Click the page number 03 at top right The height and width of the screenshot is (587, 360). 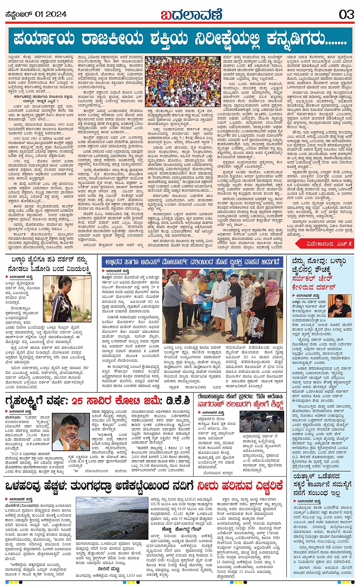346,14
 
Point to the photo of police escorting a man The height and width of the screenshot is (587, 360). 262,421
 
